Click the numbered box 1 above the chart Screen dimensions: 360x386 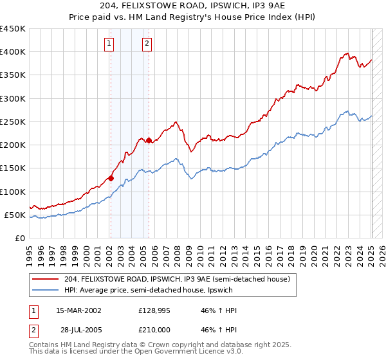pos(109,44)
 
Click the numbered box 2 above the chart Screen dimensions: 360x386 pos(147,44)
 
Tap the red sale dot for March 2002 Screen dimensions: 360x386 pos(111,178)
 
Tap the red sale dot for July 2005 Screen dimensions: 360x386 pos(149,140)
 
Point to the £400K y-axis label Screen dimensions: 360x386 pos(13,52)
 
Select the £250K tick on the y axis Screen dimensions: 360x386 pos(13,122)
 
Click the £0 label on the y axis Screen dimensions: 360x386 pos(20,238)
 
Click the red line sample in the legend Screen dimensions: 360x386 pos(46,279)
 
